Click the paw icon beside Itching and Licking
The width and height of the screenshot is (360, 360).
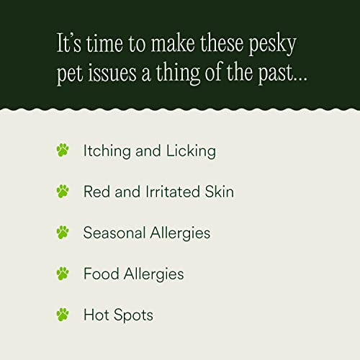click(63, 150)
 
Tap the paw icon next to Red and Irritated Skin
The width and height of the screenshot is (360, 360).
click(63, 192)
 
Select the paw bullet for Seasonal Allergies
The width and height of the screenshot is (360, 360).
click(63, 233)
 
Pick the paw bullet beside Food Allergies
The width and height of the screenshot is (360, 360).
click(63, 274)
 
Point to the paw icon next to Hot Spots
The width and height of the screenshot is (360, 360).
click(63, 315)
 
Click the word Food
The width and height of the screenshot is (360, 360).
click(100, 274)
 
